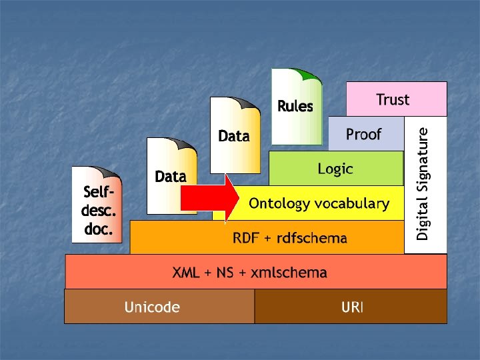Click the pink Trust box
click(396, 99)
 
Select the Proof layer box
click(366, 133)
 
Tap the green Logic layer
click(336, 168)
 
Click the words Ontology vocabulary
click(319, 204)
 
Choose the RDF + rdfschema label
click(289, 238)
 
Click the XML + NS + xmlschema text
click(250, 272)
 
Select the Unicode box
click(159, 307)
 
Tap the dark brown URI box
click(351, 307)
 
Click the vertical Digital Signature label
click(424, 184)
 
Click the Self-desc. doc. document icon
click(97, 203)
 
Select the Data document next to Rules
click(233, 136)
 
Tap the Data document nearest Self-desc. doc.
click(171, 176)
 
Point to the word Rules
click(295, 106)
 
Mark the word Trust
click(393, 99)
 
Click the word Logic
click(335, 169)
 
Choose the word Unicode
click(152, 307)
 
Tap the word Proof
click(363, 134)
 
